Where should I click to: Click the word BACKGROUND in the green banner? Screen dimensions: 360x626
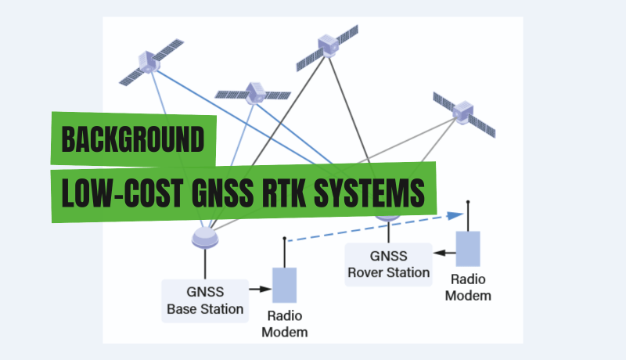133,139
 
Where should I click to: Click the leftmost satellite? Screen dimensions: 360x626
149,63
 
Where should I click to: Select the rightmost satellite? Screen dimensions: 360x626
464,113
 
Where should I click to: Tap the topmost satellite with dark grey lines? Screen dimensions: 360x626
327,48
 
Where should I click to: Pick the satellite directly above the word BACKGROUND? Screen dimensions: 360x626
252,93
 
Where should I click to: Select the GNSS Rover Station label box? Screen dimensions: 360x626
388,264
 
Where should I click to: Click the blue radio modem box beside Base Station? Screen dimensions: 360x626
283,285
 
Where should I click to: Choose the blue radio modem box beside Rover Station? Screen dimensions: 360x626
468,249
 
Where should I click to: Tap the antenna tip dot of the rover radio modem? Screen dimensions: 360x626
468,202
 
